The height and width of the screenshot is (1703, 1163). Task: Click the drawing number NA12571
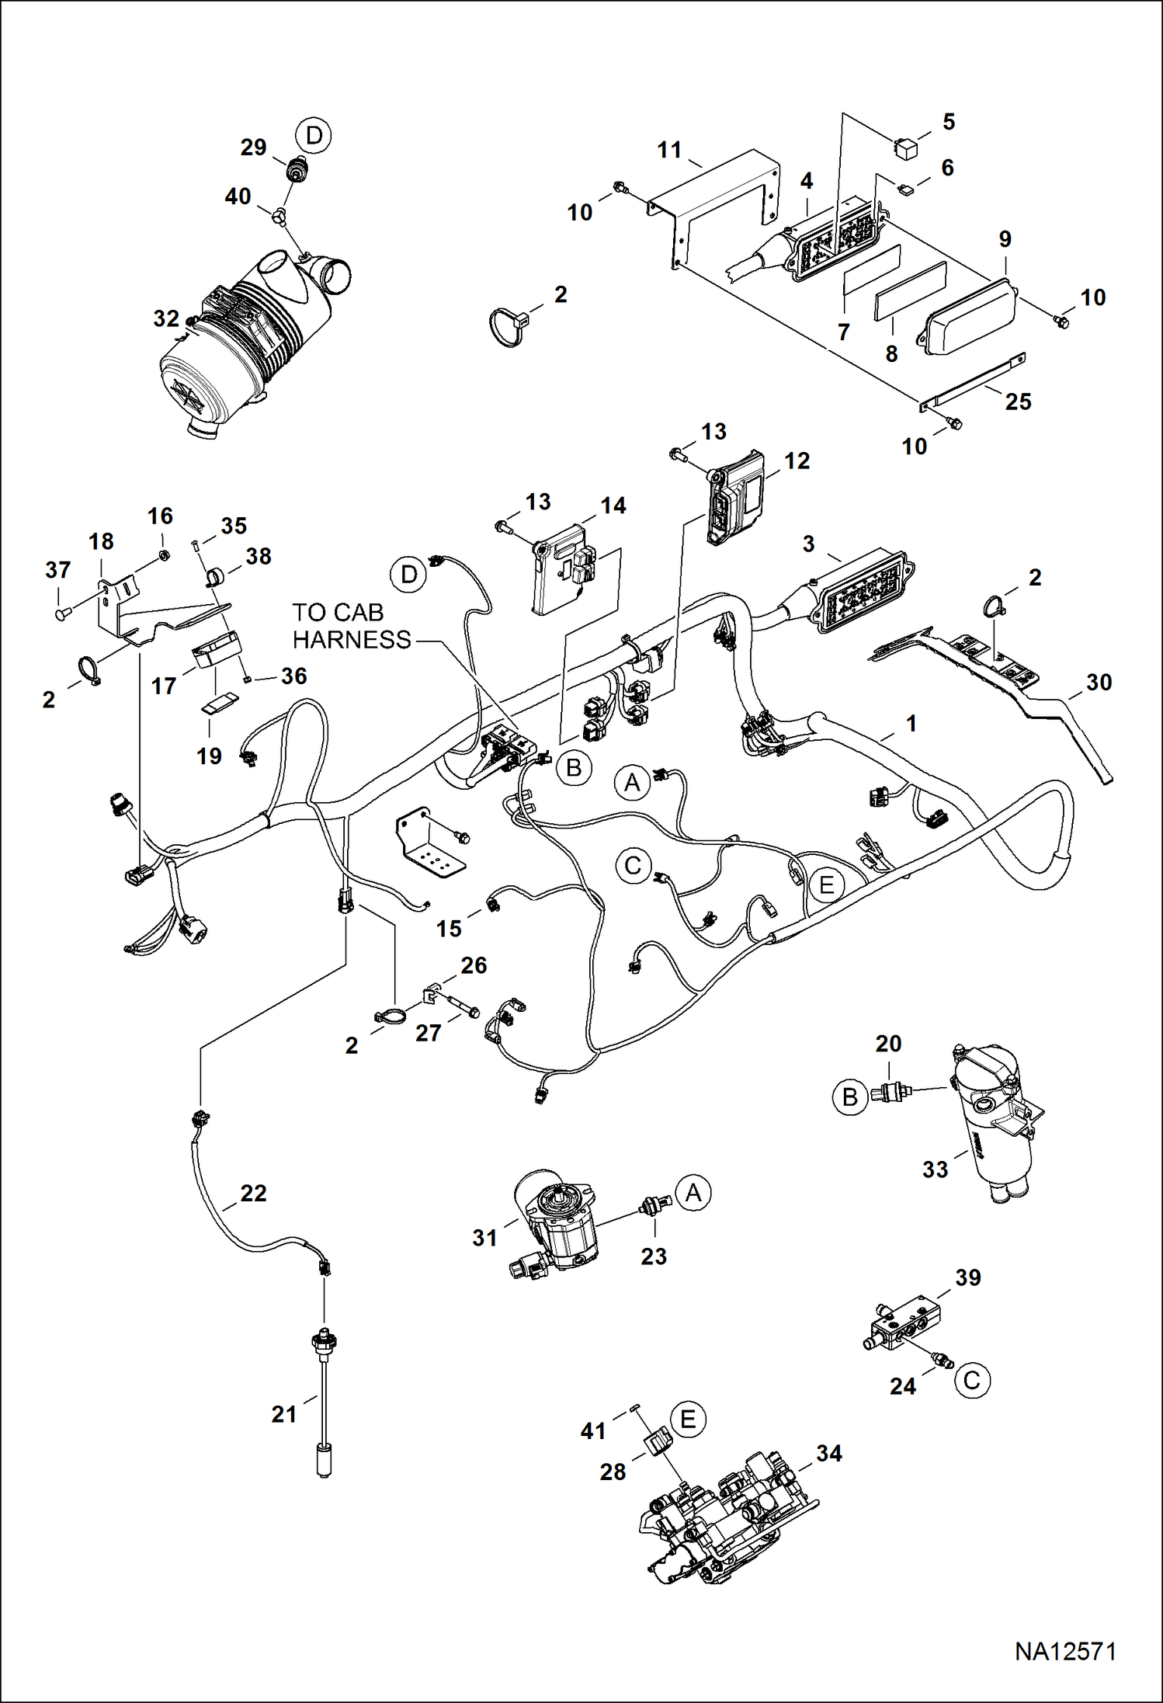1065,1652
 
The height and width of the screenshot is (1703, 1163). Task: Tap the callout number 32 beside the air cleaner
166,318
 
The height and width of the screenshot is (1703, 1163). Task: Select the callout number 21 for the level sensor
284,1414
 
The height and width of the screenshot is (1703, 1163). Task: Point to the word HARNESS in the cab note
352,640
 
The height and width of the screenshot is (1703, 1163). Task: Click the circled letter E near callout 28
688,1420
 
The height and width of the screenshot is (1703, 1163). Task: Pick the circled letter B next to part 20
850,1097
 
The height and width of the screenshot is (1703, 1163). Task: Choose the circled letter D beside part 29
314,136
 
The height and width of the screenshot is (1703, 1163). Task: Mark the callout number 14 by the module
613,506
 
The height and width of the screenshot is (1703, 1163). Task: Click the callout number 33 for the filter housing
936,1170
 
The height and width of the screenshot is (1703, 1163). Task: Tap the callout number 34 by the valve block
829,1453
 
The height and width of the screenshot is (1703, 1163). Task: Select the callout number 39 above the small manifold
968,1277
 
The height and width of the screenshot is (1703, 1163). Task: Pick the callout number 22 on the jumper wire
254,1193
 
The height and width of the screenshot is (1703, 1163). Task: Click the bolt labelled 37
61,614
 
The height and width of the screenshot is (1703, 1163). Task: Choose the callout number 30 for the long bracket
1099,683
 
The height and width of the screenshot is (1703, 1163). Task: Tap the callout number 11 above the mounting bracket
669,149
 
